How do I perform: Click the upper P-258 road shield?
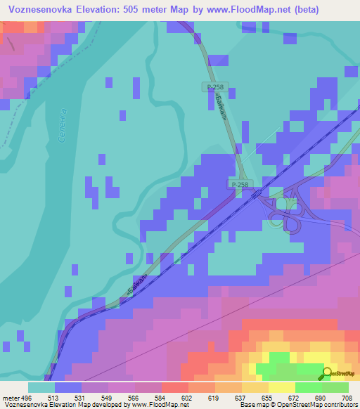tap(215, 86)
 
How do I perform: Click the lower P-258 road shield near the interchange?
tap(240, 184)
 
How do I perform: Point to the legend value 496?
tap(27, 397)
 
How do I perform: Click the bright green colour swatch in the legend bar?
tap(308, 387)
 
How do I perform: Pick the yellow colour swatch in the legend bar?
tap(281, 387)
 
